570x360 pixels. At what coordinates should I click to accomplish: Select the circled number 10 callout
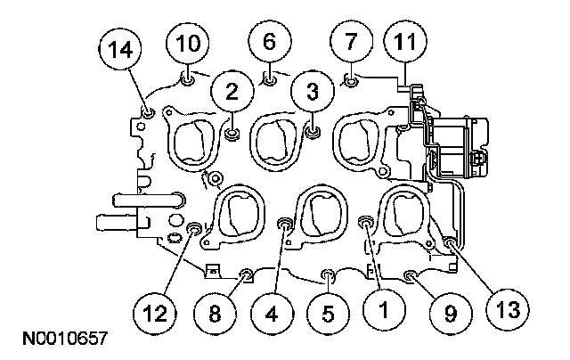pyautogui.click(x=189, y=41)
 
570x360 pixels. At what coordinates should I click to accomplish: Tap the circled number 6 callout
pyautogui.click(x=268, y=41)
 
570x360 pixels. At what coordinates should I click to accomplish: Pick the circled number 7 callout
pyautogui.click(x=349, y=41)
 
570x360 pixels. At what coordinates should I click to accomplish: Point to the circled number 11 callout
pyautogui.click(x=405, y=41)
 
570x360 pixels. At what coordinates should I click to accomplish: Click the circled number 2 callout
pyautogui.click(x=232, y=89)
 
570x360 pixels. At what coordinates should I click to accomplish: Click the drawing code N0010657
pyautogui.click(x=61, y=340)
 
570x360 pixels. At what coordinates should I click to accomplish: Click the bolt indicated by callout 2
pyautogui.click(x=232, y=135)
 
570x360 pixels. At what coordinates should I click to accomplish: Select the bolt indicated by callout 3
pyautogui.click(x=312, y=134)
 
